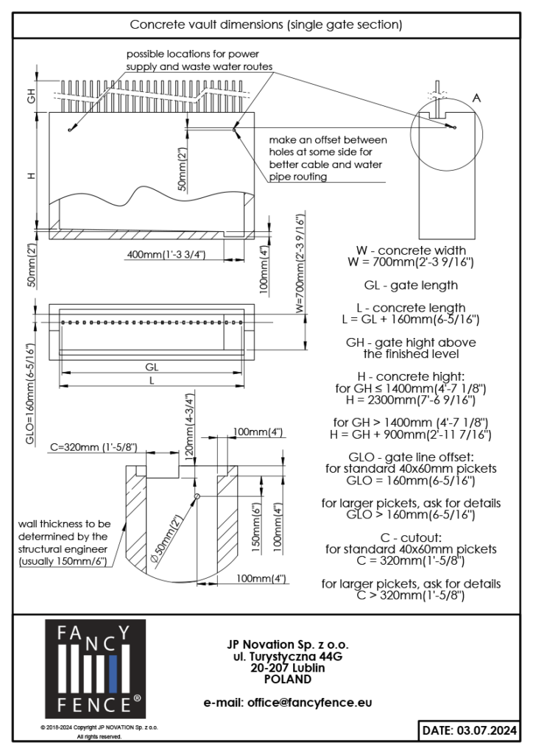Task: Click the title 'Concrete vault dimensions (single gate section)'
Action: point(266,24)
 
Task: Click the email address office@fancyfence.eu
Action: point(288,702)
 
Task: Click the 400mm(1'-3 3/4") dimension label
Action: point(166,254)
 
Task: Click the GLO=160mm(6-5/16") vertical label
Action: point(30,393)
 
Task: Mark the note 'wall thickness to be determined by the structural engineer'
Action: point(63,543)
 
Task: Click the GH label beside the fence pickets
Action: point(31,95)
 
